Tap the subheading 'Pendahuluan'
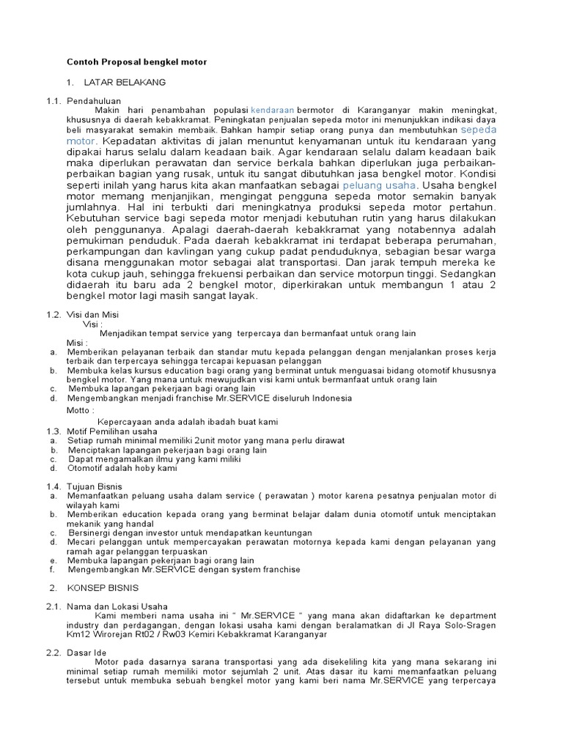93,100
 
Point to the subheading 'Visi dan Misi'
93,313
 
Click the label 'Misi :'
78,342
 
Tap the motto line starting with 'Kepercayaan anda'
188,422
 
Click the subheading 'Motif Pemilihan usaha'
111,431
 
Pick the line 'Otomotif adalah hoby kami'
122,467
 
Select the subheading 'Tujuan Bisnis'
95,486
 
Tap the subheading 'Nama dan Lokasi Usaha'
117,606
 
